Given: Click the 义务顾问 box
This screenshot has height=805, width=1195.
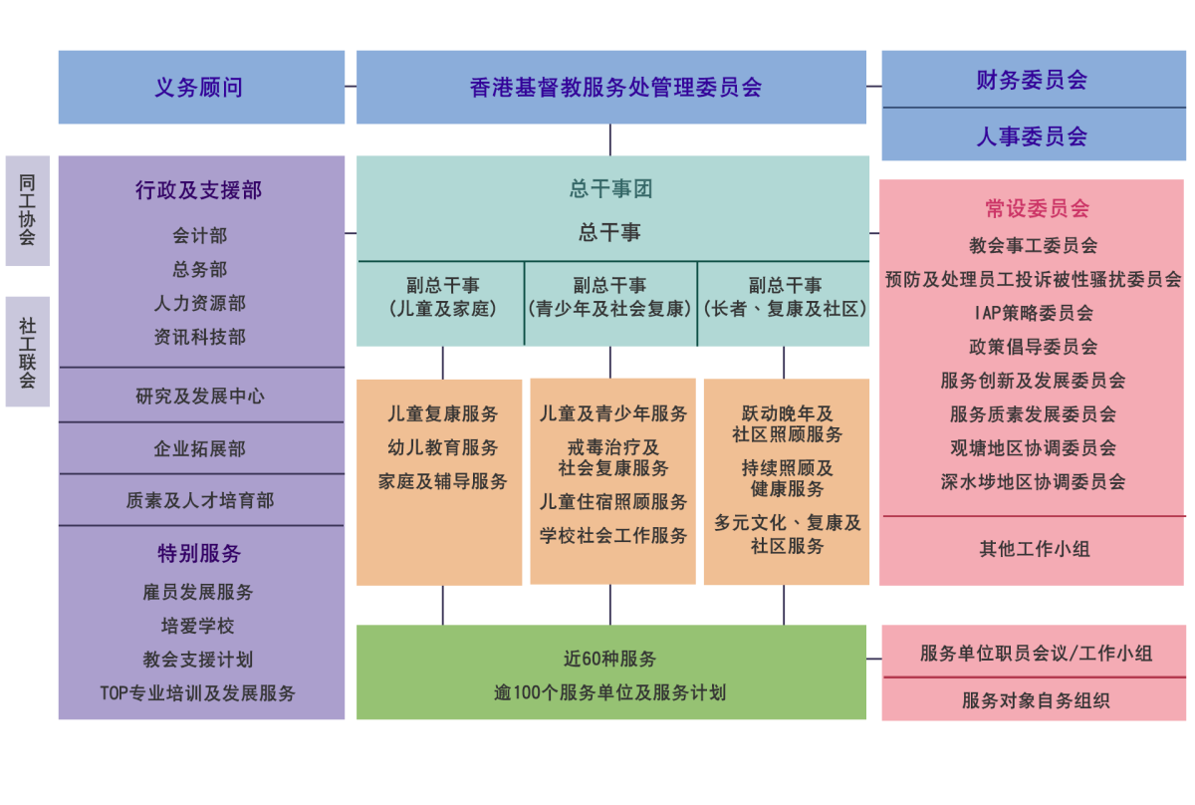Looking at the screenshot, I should pos(200,88).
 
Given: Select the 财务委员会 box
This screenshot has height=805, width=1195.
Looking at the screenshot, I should pos(1033,80).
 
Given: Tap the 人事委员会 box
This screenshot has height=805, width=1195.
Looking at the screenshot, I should pos(1033,135).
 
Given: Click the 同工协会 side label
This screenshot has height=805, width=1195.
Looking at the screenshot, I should pos(27,210).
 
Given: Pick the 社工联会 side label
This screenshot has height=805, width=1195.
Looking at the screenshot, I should pos(27,352).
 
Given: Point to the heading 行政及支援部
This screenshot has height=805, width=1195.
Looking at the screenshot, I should pos(199,190).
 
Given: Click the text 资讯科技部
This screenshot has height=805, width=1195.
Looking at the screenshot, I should pos(199,337).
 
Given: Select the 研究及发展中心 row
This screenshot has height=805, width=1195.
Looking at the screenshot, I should pos(200,396).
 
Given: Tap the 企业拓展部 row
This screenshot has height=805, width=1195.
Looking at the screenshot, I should pos(199,448).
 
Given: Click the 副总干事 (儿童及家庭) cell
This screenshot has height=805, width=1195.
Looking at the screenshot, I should pos(442,297).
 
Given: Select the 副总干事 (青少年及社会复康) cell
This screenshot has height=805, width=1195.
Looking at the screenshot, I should pos(609,297).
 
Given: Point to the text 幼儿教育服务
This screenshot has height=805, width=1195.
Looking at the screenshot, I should pos(442,447).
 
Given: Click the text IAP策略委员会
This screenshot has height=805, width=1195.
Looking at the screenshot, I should pos(1033,313).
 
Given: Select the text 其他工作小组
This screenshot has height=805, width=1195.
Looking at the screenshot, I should pos(1033,548).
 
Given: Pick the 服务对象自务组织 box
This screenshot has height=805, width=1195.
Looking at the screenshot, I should pos(1035,700).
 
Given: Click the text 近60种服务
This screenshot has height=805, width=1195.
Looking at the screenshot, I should pos(609,659).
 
